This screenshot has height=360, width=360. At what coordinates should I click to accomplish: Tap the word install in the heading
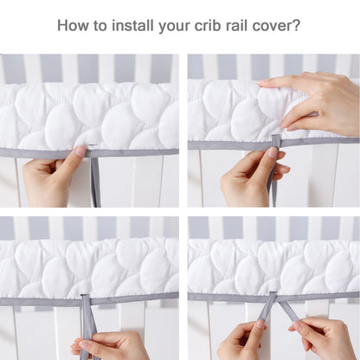pyautogui.click(x=132, y=25)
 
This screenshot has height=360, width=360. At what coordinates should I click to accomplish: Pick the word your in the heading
pyautogui.click(x=174, y=27)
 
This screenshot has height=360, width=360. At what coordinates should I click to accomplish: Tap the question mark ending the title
pyautogui.click(x=296, y=25)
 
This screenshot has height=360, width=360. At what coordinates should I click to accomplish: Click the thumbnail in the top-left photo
pyautogui.click(x=80, y=151)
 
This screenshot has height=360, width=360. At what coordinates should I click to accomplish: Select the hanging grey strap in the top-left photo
pyautogui.click(x=95, y=182)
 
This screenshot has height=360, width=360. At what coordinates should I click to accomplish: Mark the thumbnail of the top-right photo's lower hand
pyautogui.click(x=273, y=151)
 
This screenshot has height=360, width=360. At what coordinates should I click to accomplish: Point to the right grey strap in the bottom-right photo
pyautogui.click(x=287, y=309)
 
